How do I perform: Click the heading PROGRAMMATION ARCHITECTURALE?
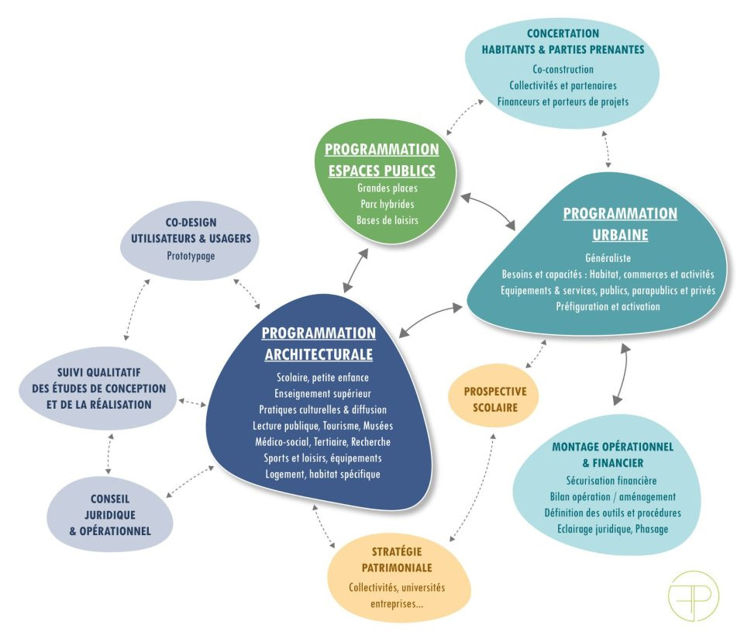tap(319, 344)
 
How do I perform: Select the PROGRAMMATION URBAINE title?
tap(619, 223)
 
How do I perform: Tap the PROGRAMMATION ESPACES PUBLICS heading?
tap(381, 160)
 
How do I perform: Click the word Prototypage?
tap(190, 255)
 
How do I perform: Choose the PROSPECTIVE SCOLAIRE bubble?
tap(494, 399)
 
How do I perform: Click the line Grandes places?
tap(381, 188)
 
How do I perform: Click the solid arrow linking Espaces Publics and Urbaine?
tap(489, 209)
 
